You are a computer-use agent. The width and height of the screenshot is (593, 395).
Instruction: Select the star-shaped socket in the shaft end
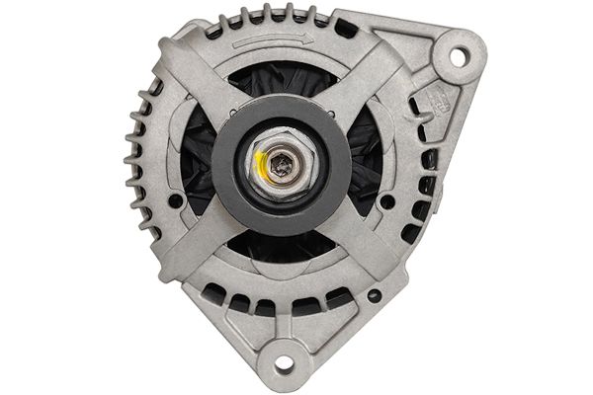[x=284, y=166]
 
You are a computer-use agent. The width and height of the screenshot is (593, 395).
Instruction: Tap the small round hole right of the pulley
[x=387, y=201]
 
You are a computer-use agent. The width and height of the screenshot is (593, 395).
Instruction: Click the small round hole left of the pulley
[x=175, y=200]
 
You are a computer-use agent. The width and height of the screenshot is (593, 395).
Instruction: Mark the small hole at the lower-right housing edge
[x=374, y=295]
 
